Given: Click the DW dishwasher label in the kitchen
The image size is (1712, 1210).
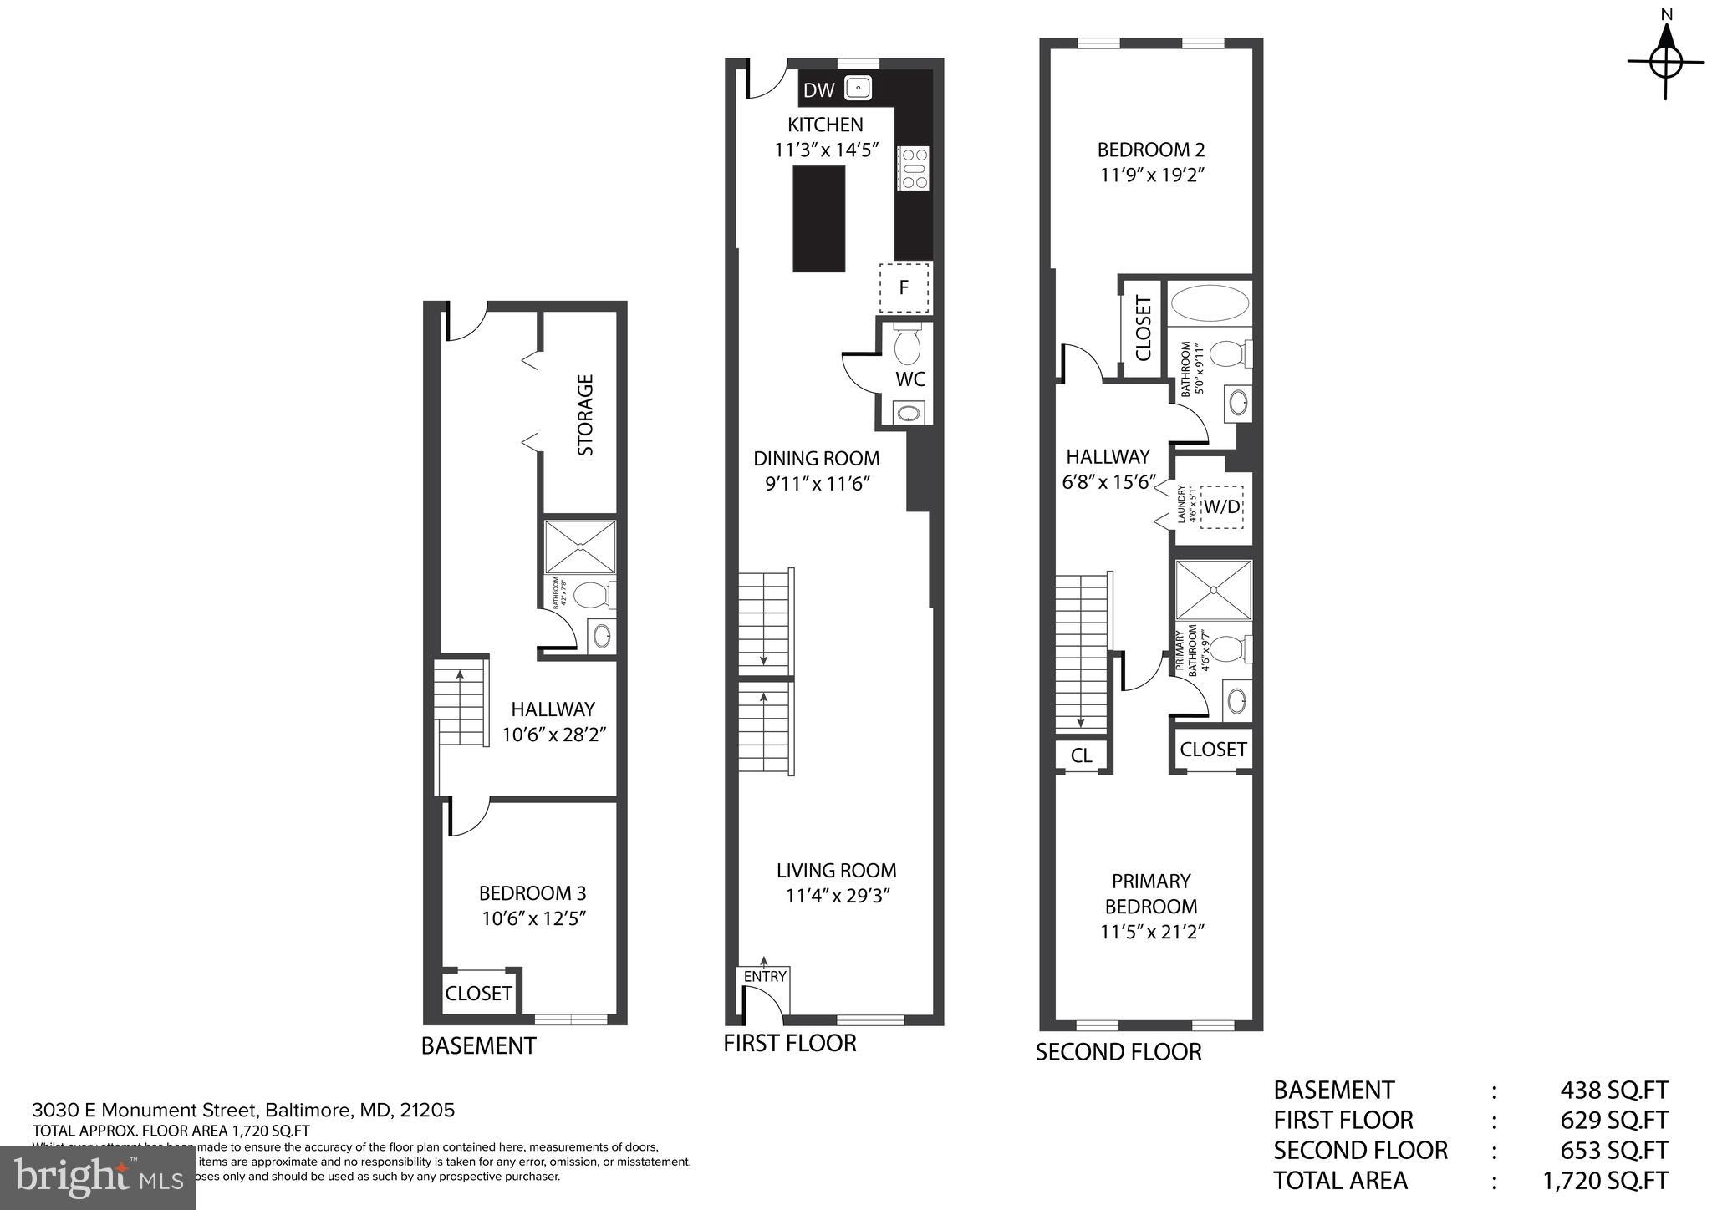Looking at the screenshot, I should [819, 90].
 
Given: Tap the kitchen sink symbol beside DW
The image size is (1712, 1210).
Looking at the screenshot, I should [858, 88].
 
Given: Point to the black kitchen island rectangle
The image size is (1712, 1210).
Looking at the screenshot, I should [818, 218].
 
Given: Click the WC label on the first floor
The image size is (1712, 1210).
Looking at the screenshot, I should [909, 379].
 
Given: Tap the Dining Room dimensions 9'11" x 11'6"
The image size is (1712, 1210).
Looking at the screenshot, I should [818, 484].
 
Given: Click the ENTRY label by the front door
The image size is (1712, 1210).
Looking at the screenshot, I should [764, 976].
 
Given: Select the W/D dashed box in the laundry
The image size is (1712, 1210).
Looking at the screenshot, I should [1221, 506].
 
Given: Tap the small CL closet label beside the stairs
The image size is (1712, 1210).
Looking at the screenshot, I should [1081, 755].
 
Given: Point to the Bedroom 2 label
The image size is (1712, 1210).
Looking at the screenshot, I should [1150, 150].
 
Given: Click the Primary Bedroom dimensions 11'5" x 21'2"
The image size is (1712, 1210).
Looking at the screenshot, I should [1151, 932].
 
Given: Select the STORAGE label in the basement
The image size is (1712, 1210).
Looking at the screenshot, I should [586, 414].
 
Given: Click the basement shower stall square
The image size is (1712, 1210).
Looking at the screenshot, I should [580, 547].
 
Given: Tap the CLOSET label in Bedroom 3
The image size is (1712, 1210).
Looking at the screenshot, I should [478, 994].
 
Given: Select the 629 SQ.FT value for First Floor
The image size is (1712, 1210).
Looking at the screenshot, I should [1613, 1120].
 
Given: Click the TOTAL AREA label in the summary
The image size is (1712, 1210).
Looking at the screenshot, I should [1340, 1180].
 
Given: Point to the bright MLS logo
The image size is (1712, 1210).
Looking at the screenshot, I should [98, 1178].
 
